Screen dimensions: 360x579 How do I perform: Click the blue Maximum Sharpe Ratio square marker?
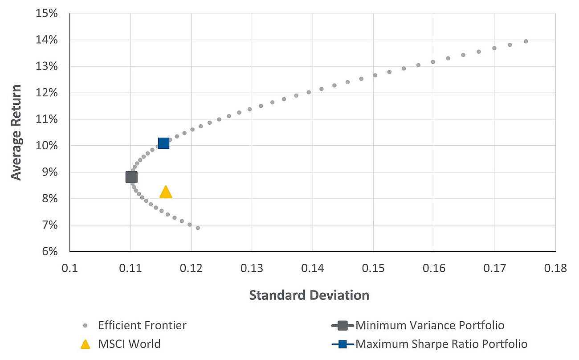point(163,143)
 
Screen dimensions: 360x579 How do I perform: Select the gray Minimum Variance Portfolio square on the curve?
point(131,177)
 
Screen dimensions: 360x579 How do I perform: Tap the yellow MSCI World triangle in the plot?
point(166,192)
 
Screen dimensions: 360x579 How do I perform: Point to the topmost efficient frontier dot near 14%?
point(526,41)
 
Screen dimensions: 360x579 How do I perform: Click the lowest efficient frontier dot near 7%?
point(198,228)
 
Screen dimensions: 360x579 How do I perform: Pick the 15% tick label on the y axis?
point(47,13)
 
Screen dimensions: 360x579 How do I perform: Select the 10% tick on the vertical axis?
point(47,146)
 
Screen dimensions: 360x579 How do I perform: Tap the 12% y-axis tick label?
point(47,93)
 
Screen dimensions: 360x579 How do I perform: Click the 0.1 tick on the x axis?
point(69,268)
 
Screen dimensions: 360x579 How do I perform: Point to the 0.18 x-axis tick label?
point(555,268)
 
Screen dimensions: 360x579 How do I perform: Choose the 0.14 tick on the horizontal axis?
point(312,268)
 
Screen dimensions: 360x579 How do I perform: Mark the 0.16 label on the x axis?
point(434,268)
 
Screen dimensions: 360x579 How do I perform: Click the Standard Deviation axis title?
point(309,295)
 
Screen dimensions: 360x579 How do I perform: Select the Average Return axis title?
point(16,132)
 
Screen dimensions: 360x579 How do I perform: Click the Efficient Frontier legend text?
point(143,325)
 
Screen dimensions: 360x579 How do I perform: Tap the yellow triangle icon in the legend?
point(86,344)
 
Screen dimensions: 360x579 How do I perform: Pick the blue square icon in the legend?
point(343,344)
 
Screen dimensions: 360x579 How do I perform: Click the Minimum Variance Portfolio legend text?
point(430,325)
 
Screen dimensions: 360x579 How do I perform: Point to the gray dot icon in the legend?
point(86,325)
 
